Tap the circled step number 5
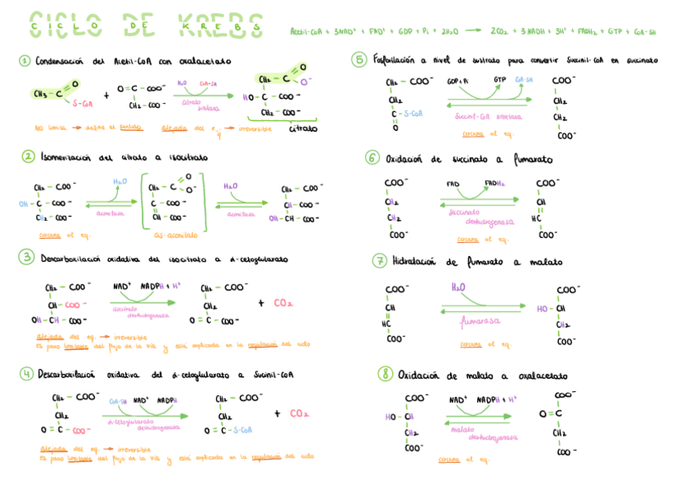[x=359, y=59]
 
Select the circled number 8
[x=385, y=375]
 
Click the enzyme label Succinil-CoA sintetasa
[x=488, y=116]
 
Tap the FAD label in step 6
[x=453, y=183]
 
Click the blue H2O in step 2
[x=119, y=181]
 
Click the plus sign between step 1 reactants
[x=106, y=95]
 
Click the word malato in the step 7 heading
[x=545, y=263]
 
